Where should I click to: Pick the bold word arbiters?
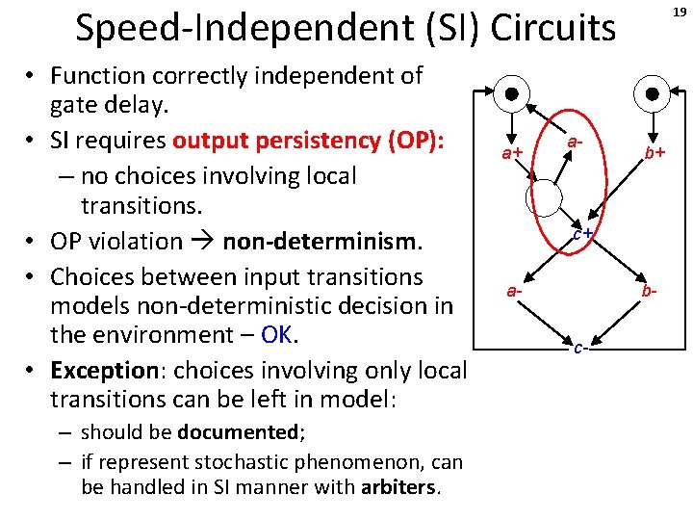(398, 487)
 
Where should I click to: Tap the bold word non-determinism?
(321, 241)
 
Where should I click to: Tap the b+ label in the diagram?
(655, 152)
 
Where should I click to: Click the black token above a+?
(513, 94)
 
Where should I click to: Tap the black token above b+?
(653, 94)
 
